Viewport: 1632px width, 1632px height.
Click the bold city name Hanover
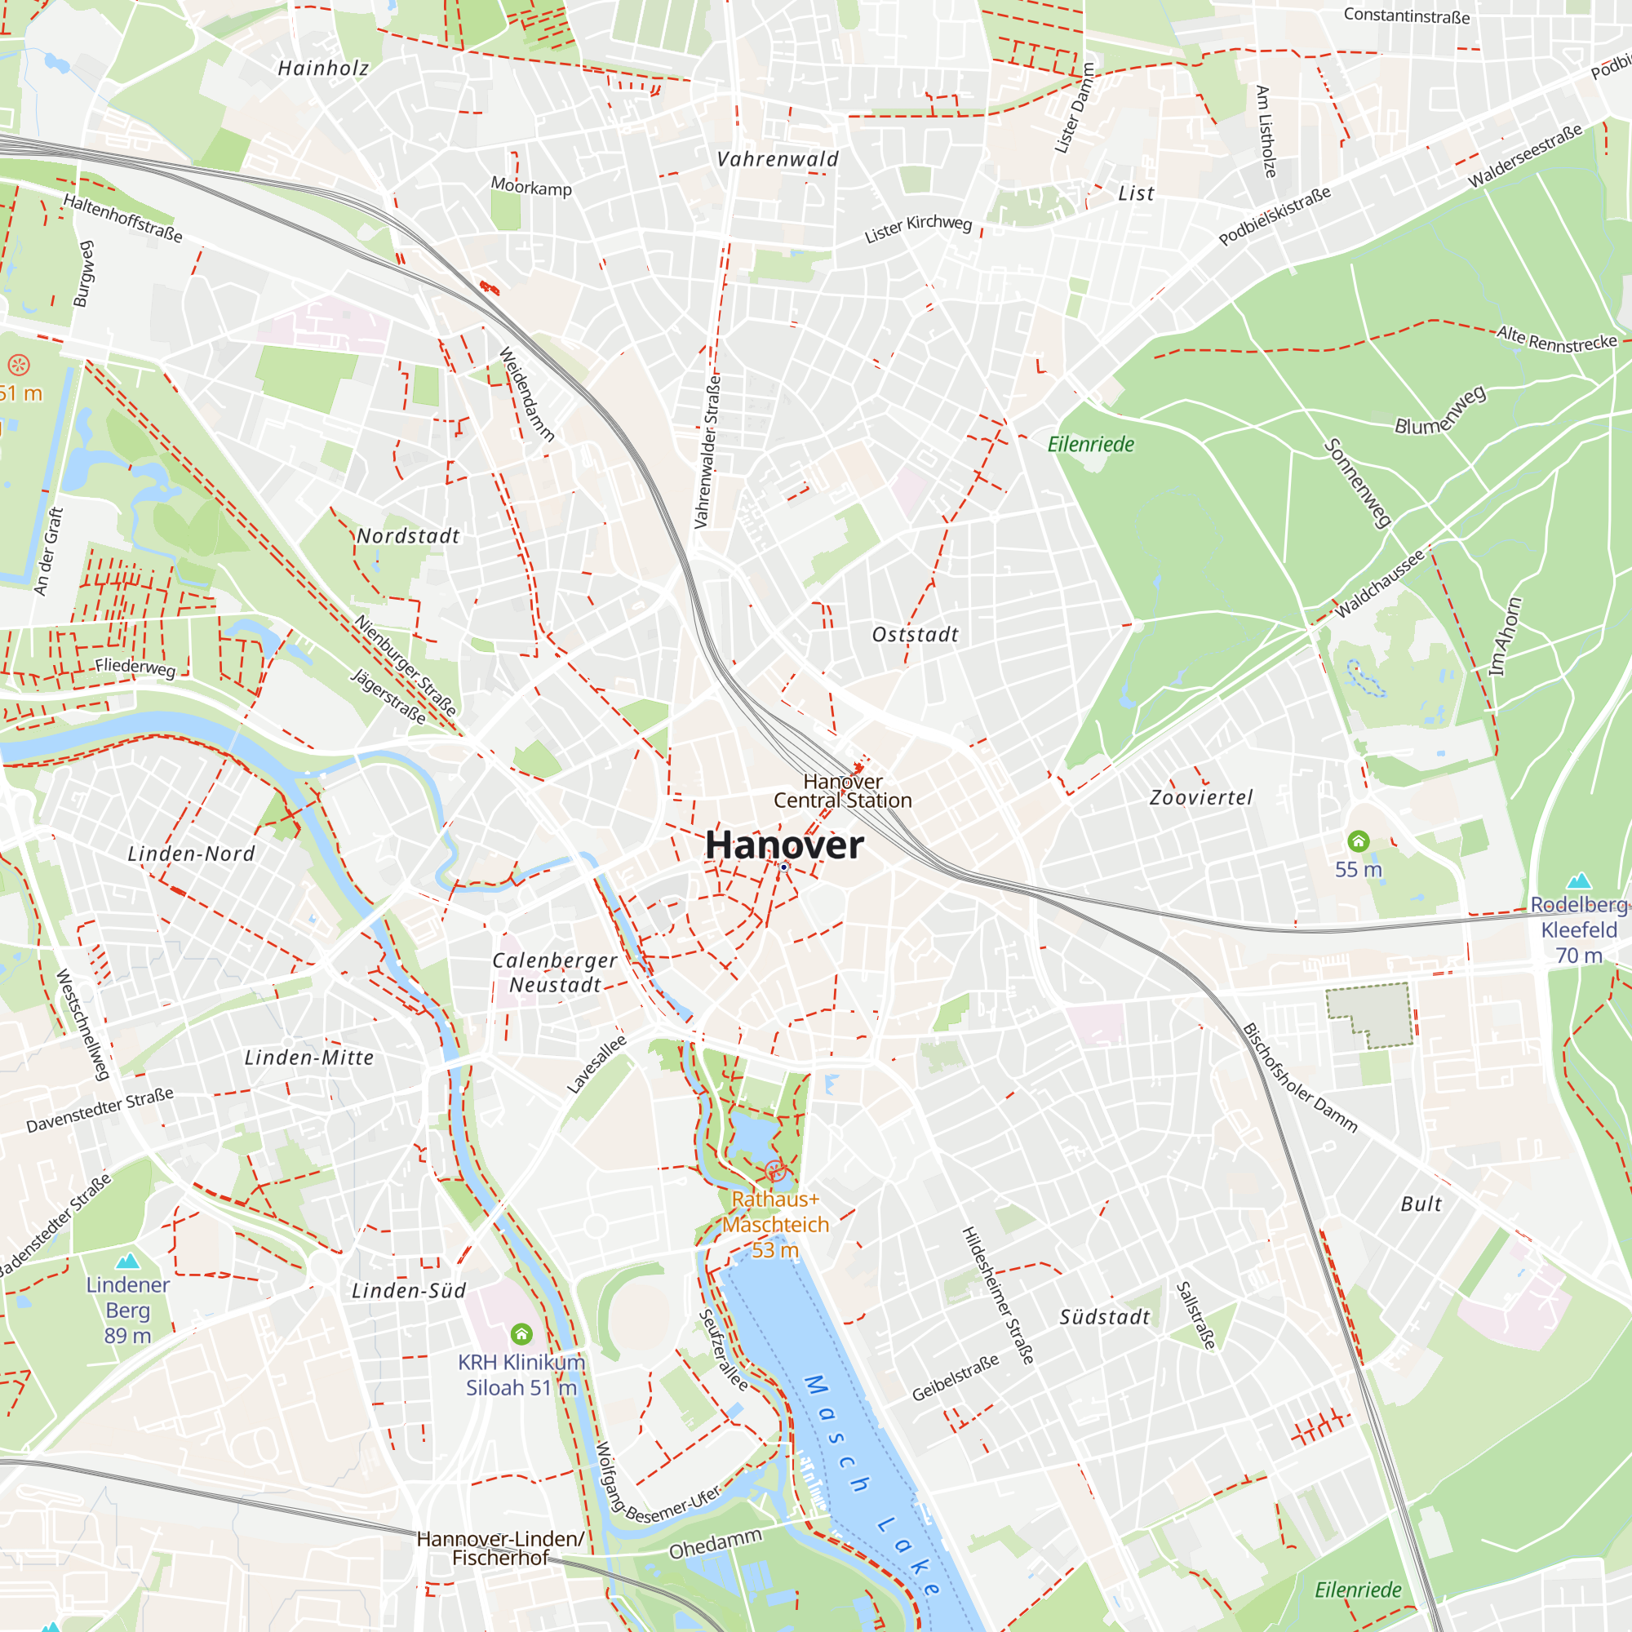pos(784,845)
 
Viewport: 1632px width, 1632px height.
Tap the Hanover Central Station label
pos(842,792)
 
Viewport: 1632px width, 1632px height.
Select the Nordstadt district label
pos(408,535)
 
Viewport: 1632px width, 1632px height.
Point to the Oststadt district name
pos(915,634)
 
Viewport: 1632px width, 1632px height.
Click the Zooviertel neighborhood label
pos(1200,797)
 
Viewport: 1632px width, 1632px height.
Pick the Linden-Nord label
pos(191,854)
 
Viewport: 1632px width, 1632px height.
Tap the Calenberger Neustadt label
pos(555,973)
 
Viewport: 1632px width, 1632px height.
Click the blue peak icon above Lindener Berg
pos(127,1262)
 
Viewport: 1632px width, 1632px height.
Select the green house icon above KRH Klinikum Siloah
pos(521,1334)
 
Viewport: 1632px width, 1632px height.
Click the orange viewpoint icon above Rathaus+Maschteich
pos(774,1171)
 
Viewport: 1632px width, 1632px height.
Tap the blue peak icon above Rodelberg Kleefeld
pos(1578,881)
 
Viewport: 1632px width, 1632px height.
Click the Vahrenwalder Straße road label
pos(707,452)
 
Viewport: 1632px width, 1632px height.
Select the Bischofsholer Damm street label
pos(1299,1078)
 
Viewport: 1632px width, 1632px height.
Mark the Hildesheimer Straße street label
pos(998,1296)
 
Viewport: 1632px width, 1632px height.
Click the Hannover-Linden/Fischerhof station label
pos(500,1549)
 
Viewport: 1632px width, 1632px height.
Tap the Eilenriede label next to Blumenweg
pos(1090,445)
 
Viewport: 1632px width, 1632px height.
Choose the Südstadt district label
pos(1104,1317)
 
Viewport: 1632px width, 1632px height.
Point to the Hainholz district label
pos(323,69)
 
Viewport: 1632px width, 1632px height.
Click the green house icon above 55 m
pos(1358,841)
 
